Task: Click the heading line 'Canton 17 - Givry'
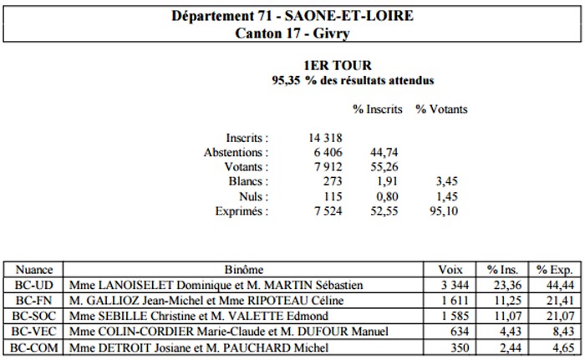(292, 33)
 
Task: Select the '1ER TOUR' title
(338, 65)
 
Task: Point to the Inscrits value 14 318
(325, 138)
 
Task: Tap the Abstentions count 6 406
(328, 152)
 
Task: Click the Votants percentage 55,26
(384, 167)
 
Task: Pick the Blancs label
(248, 181)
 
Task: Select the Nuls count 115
(333, 196)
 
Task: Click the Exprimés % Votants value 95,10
(444, 211)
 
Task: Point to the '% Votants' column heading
(442, 109)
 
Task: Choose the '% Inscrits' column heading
(378, 109)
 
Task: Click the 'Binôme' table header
(244, 269)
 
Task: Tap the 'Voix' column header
(450, 269)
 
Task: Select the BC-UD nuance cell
(34, 285)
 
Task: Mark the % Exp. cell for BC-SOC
(555, 316)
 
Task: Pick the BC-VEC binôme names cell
(244, 332)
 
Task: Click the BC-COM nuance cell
(34, 347)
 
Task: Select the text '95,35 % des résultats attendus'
(353, 80)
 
